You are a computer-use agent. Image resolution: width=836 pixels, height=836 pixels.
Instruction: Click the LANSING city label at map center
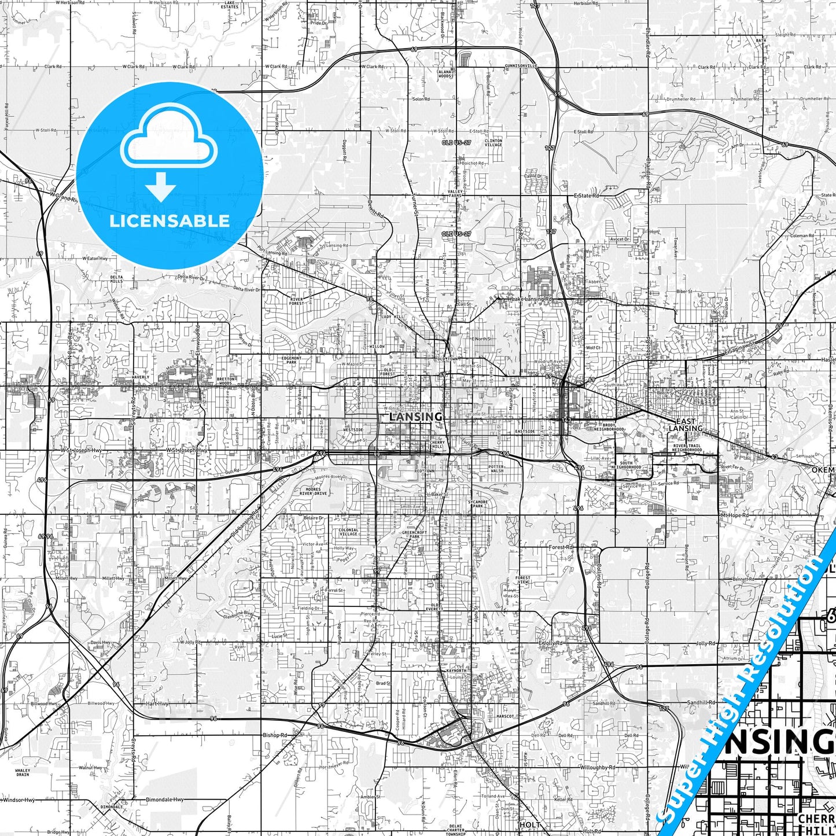pos(416,417)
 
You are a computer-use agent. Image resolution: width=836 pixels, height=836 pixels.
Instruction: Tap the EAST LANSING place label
pos(686,425)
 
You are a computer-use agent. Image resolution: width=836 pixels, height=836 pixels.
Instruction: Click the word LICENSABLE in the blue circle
pos(170,221)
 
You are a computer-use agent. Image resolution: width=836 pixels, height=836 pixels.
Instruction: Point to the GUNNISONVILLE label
pos(521,66)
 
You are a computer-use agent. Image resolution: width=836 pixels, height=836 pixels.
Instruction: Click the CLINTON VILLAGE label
pos(494,142)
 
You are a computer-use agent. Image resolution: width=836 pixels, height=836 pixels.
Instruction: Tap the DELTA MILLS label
pos(117,279)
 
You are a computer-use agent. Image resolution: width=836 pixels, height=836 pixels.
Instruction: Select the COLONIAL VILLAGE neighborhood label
pos(348,532)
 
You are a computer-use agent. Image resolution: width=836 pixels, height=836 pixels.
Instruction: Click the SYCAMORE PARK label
pos(478,504)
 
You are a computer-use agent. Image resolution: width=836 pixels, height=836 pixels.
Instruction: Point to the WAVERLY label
pos(141,377)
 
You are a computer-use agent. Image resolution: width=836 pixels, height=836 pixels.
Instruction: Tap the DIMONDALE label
pos(111,806)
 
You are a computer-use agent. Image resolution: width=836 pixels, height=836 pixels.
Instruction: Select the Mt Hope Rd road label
pos(734,515)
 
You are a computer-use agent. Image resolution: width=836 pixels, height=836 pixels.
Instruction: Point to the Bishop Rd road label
pos(275,735)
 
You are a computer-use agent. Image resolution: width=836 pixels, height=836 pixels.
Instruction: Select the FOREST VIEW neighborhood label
pos(522,580)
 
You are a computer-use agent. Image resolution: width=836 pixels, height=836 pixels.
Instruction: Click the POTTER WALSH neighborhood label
pos(496,469)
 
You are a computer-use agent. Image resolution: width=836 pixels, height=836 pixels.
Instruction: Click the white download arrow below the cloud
pos(160,187)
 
